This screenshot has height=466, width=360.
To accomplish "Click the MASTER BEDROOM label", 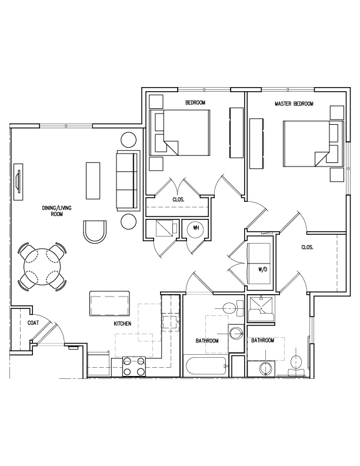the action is click(x=294, y=104).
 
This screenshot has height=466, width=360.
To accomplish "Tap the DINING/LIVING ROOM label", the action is click(x=56, y=211).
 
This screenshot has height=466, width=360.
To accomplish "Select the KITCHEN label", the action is click(x=122, y=324).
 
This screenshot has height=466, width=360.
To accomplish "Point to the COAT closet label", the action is click(x=33, y=323).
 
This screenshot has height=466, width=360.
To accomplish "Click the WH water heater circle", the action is click(x=196, y=228).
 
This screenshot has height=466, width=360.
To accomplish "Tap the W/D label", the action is click(x=262, y=270).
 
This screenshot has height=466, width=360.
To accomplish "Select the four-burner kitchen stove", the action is click(x=134, y=367).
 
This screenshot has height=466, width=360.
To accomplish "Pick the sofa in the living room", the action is click(x=128, y=181).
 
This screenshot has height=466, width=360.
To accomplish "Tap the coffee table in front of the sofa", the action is click(x=93, y=181).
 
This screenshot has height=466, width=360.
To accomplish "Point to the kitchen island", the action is click(x=110, y=304).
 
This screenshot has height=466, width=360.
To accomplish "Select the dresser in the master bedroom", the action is click(x=256, y=143).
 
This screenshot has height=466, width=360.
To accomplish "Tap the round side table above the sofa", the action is click(x=129, y=139).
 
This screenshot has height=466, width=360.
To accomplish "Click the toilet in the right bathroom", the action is click(x=296, y=365).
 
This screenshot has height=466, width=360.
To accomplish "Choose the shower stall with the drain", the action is click(x=261, y=308).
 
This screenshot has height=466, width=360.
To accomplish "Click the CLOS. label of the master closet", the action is click(x=307, y=247).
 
